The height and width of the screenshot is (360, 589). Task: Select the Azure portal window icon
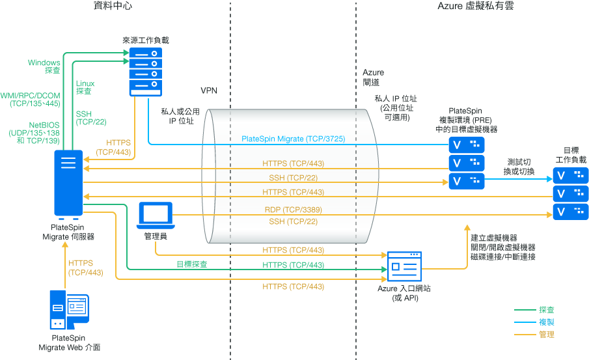click(404, 267)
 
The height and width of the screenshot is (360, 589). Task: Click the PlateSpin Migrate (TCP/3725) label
click(293, 139)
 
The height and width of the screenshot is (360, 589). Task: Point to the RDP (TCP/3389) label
click(293, 210)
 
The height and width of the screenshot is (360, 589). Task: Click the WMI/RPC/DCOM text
click(30, 95)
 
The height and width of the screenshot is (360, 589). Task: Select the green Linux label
click(85, 83)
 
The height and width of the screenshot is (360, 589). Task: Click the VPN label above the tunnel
click(209, 89)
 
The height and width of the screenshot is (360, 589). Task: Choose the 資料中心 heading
click(115, 7)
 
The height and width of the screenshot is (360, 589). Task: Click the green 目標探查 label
click(192, 264)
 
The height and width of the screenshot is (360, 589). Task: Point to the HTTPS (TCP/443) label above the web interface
click(85, 268)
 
